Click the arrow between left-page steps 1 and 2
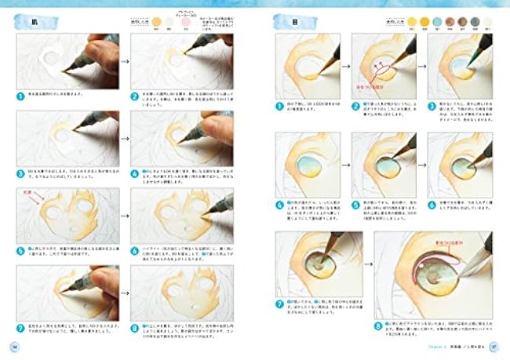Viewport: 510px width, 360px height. point(122,59)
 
